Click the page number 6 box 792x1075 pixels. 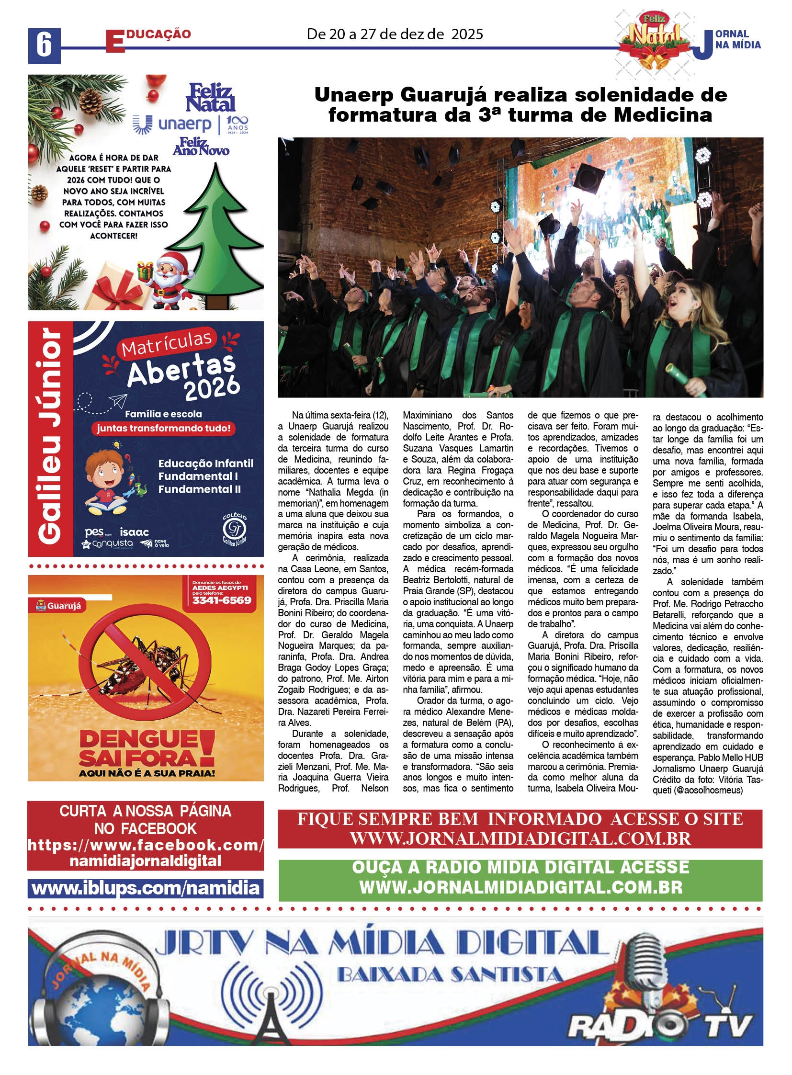click(x=44, y=46)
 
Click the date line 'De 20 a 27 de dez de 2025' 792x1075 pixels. click(x=395, y=34)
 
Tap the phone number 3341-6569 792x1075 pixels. click(x=222, y=600)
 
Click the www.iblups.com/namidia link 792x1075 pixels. click(x=145, y=888)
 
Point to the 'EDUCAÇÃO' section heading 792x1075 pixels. click(x=148, y=37)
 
